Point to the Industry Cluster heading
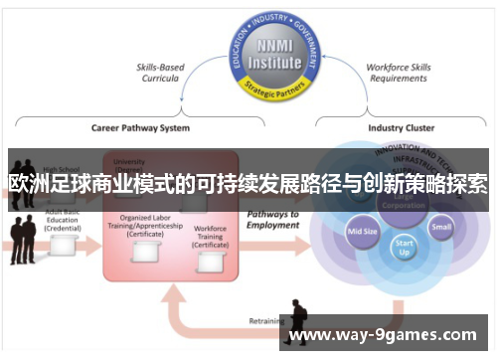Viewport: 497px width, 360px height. coord(400,127)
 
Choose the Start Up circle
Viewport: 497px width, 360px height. coord(404,246)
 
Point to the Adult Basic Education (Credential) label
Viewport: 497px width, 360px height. coord(62,221)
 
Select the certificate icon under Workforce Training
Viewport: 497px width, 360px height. coord(210,261)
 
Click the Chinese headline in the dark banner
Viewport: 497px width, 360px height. coord(248,184)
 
